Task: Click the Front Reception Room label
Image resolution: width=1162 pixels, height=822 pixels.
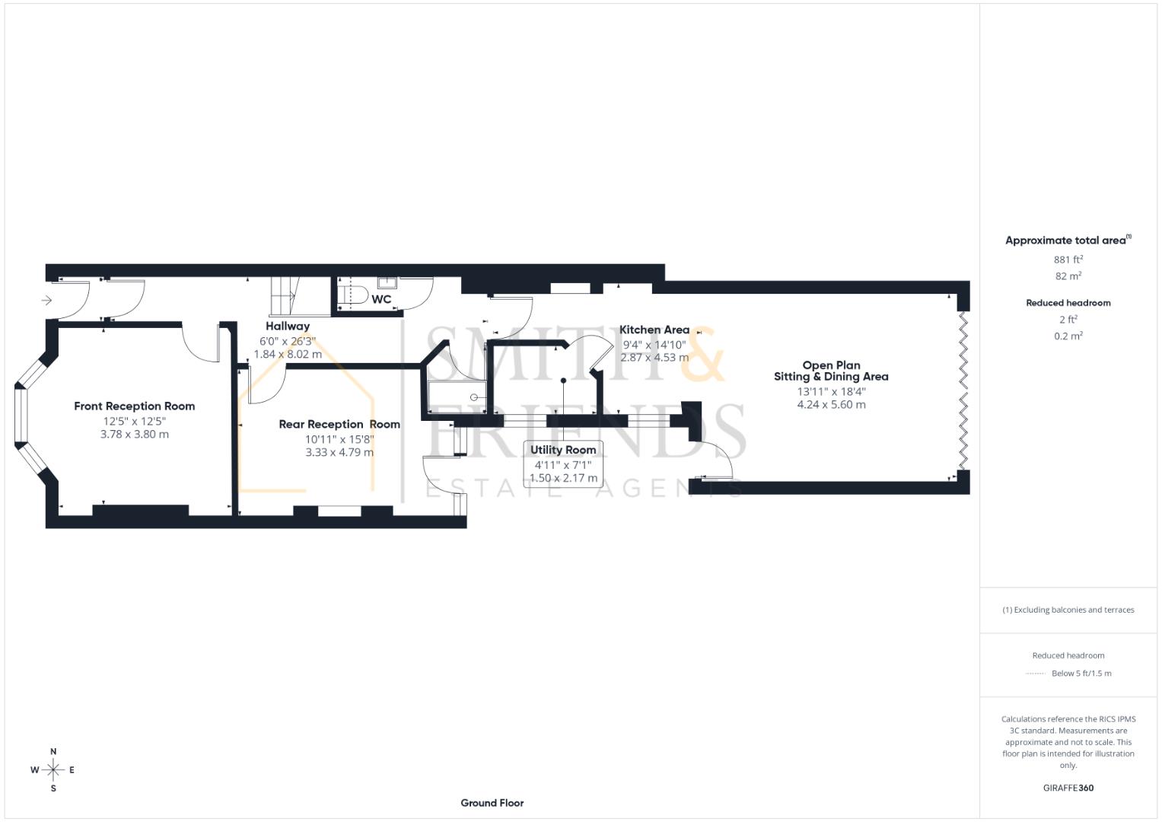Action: tap(134, 406)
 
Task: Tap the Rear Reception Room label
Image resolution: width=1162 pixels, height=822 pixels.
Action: tap(339, 425)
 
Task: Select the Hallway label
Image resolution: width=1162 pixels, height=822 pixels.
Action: tap(288, 327)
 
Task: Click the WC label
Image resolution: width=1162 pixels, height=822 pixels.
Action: tap(381, 300)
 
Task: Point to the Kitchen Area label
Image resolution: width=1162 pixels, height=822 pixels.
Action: tap(654, 330)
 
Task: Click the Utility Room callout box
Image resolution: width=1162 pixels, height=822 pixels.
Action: tap(563, 464)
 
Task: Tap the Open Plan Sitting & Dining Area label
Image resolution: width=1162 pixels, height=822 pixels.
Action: tap(831, 371)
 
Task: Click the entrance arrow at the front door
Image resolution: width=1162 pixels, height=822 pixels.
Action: tap(46, 301)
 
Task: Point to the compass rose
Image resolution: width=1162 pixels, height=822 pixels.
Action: tap(53, 770)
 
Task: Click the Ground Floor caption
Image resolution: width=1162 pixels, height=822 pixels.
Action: tap(492, 803)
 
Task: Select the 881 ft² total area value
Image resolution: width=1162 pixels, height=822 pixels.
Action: tap(1068, 260)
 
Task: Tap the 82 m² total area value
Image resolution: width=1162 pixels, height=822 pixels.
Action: tap(1068, 276)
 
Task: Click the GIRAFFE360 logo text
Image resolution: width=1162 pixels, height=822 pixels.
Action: tap(1068, 789)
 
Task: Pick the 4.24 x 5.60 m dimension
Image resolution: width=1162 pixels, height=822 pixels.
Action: tap(831, 405)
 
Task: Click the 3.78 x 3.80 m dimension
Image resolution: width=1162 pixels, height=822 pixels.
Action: tap(134, 435)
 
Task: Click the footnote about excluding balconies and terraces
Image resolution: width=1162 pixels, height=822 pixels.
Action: tap(1068, 610)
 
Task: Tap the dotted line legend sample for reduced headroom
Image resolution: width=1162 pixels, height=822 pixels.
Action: tap(1036, 674)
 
